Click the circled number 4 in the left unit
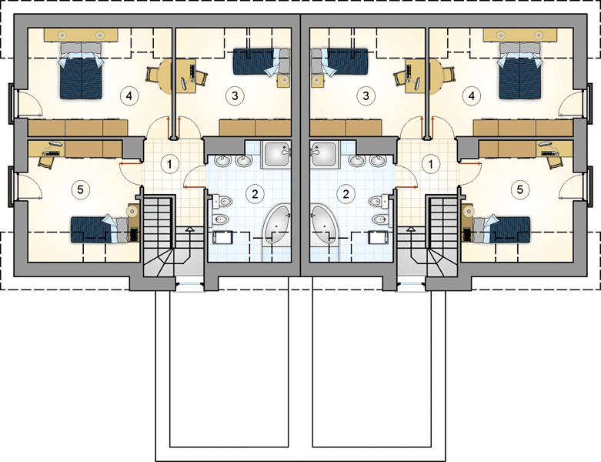point(129,95)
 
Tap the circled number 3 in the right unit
point(366,95)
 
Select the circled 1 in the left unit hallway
point(170,164)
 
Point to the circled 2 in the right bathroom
point(346,194)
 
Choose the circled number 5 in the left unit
point(81,189)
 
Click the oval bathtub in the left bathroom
point(276,224)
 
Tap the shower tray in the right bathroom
point(324,155)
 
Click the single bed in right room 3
point(339,62)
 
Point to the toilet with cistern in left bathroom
point(222,201)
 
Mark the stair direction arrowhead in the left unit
point(189,229)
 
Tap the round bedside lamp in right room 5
point(468,210)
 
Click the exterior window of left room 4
point(12,103)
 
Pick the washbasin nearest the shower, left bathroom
point(243,160)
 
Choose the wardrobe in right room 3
point(346,128)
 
